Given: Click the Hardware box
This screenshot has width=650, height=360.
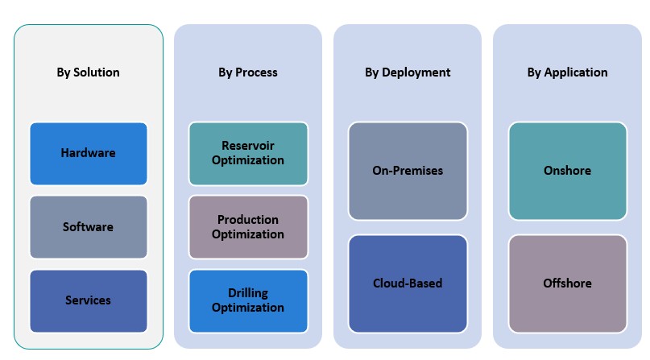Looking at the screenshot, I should pyautogui.click(x=89, y=153).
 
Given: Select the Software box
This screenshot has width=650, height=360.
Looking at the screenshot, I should pyautogui.click(x=89, y=226).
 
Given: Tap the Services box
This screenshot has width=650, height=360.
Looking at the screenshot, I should pyautogui.click(x=89, y=300).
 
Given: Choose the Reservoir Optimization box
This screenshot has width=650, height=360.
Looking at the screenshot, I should pyautogui.click(x=248, y=153).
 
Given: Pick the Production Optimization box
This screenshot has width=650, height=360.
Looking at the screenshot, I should pyautogui.click(x=248, y=226).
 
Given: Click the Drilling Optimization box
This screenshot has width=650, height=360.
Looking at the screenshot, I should pyautogui.click(x=248, y=300).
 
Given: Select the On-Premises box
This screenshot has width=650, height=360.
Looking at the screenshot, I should pyautogui.click(x=408, y=171).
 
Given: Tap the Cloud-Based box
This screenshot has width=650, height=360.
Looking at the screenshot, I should pyautogui.click(x=408, y=283).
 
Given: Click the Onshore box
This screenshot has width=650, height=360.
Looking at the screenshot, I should pyautogui.click(x=567, y=171).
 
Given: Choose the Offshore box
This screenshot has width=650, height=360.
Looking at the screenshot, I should pyautogui.click(x=567, y=283).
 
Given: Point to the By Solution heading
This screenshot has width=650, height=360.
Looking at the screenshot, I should pyautogui.click(x=88, y=72).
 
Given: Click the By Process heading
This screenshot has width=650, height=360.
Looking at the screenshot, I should pyautogui.click(x=247, y=72).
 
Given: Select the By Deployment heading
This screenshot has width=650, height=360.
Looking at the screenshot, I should pyautogui.click(x=408, y=72).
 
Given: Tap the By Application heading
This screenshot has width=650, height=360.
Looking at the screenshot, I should pyautogui.click(x=567, y=72).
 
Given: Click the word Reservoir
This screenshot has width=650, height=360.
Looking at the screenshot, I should pyautogui.click(x=248, y=146).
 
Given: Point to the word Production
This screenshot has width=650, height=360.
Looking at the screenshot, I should pyautogui.click(x=248, y=219).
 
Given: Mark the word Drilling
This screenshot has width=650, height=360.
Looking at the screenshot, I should pyautogui.click(x=248, y=293).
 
